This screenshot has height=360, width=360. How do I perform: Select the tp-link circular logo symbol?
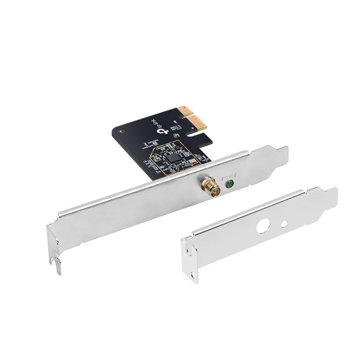coord(165,132)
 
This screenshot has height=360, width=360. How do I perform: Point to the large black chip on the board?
coord(174,158)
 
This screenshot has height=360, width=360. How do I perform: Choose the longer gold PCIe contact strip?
coord(200,123)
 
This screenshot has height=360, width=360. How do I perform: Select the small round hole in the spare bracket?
coord(284,224)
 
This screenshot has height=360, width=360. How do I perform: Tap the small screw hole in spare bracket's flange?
coord(188,252)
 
